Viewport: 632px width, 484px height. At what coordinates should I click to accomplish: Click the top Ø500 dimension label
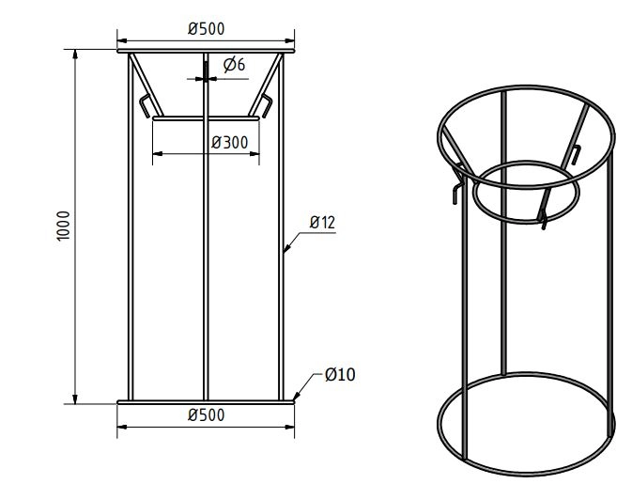tap(206, 28)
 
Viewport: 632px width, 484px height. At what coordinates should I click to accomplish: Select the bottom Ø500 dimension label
tap(206, 415)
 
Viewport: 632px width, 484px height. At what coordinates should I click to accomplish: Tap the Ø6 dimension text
tap(235, 64)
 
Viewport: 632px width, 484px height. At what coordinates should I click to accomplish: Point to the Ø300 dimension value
tap(230, 142)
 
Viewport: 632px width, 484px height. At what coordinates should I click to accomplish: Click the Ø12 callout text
tap(322, 223)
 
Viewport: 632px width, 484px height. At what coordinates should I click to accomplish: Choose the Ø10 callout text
tap(339, 375)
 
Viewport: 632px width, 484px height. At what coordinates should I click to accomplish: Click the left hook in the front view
tap(145, 105)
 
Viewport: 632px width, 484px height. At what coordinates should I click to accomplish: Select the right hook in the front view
tap(267, 105)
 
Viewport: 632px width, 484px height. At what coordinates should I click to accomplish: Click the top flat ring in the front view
tap(206, 52)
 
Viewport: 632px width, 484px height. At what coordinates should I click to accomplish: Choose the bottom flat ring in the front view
tap(206, 402)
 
